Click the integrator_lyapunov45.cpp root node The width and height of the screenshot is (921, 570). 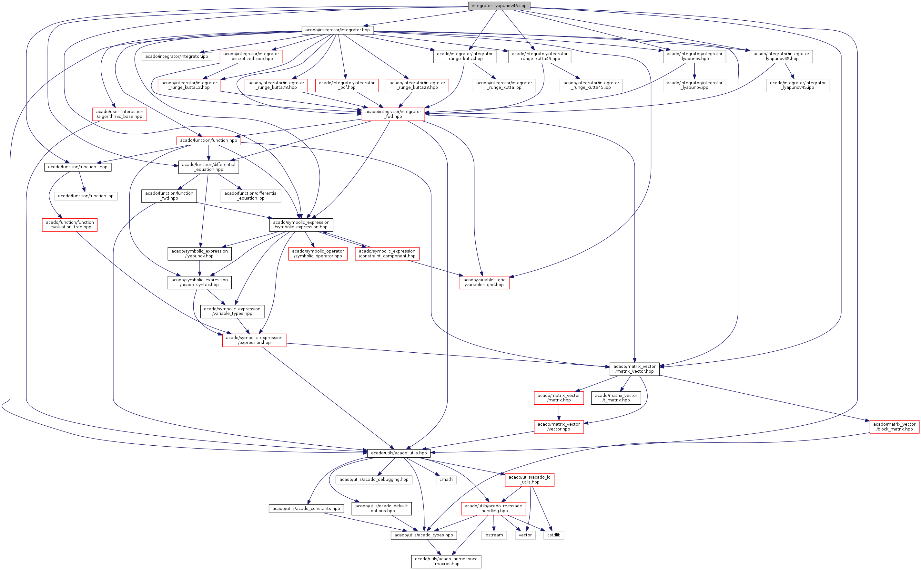point(499,6)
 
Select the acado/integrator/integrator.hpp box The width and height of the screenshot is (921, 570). point(337,30)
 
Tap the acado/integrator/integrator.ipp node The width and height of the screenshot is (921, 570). point(176,57)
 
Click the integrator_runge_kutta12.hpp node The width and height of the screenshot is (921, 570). point(189,85)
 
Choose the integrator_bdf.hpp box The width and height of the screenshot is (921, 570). point(347,85)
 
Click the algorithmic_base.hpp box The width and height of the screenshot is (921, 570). point(119,114)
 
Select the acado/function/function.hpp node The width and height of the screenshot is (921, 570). point(208,140)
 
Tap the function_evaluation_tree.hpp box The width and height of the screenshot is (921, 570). point(70,225)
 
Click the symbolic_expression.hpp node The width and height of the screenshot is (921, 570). point(301,225)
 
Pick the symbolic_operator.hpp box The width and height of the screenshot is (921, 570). point(318,253)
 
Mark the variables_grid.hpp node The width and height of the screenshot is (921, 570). point(484,282)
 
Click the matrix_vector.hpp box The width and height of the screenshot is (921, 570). point(634,369)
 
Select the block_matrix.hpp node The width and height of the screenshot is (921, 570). point(894,427)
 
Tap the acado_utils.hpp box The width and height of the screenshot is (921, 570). point(399,453)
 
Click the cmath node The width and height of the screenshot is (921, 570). point(446,480)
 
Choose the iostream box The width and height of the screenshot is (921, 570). point(493,535)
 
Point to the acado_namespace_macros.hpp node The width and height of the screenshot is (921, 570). point(446,561)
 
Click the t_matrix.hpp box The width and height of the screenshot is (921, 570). point(616,398)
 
